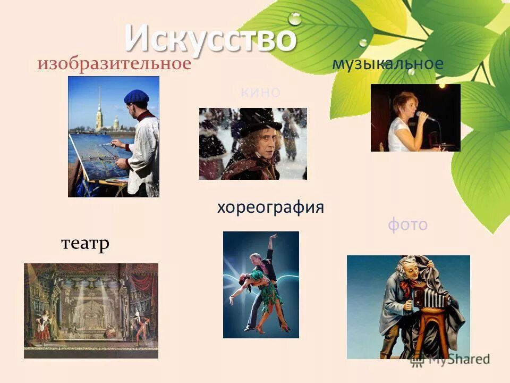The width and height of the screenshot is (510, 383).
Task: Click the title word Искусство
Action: click(x=210, y=38)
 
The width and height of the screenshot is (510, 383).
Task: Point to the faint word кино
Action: click(x=260, y=93)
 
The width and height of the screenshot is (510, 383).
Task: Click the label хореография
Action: click(x=270, y=207)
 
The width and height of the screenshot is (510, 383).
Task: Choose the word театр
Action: click(x=85, y=244)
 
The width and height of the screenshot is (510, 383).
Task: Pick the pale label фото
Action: click(x=407, y=224)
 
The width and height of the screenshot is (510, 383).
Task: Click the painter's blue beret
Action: click(x=137, y=96)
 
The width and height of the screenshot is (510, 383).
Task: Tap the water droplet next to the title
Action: click(x=294, y=19)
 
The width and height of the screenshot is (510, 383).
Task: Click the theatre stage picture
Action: click(x=91, y=310)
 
